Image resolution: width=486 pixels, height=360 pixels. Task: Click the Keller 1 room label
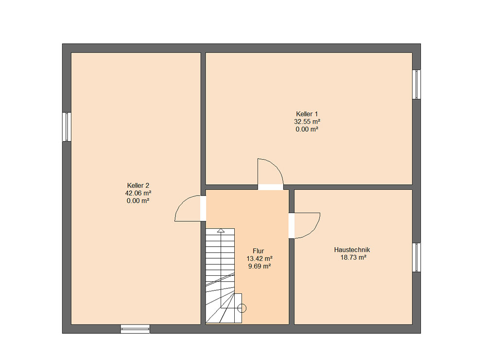click(x=307, y=114)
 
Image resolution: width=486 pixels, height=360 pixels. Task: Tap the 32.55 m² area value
click(x=307, y=122)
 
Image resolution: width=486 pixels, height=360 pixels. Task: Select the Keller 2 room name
click(x=138, y=185)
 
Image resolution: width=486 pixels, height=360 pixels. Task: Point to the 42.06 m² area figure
click(x=138, y=193)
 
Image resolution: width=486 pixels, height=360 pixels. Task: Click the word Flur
click(x=258, y=251)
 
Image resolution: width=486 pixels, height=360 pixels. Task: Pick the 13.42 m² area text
click(x=260, y=258)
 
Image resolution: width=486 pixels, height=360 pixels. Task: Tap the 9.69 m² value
click(x=260, y=266)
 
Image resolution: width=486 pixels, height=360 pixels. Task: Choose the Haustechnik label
click(x=352, y=250)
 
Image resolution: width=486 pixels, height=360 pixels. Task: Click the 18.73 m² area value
click(x=353, y=257)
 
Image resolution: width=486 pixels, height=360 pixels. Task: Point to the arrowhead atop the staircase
click(x=221, y=230)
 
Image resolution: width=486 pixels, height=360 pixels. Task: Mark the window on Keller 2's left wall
click(x=67, y=127)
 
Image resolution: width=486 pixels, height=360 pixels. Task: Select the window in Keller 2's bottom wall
click(x=135, y=329)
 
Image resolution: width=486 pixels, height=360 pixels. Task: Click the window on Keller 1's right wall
click(x=417, y=85)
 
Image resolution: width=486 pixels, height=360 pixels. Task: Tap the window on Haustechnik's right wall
click(x=417, y=257)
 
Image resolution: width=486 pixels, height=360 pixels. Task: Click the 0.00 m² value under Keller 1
click(x=307, y=129)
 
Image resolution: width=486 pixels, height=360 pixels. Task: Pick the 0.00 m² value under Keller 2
click(x=138, y=201)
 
